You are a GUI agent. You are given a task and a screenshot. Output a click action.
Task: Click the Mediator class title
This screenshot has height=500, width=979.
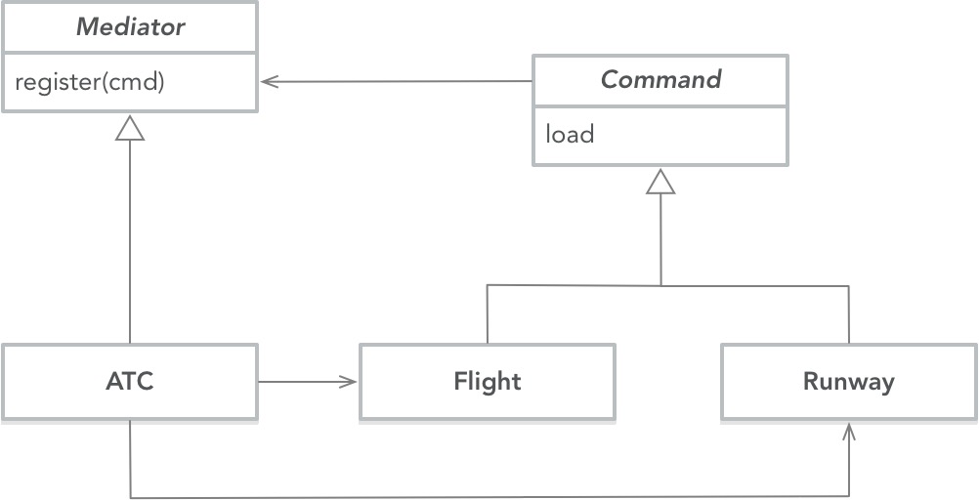(130, 27)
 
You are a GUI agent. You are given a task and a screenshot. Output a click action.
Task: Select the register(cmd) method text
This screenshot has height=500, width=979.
(90, 82)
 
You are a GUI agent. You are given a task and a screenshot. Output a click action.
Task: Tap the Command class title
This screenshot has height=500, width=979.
(660, 80)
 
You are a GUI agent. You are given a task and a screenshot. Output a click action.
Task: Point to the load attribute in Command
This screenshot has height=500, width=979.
(570, 134)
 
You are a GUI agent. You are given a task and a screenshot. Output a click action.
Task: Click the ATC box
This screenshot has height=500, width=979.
(130, 382)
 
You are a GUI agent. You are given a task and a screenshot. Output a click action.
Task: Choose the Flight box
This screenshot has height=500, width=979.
(487, 382)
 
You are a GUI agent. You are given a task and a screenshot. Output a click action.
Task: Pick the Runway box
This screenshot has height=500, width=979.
(848, 382)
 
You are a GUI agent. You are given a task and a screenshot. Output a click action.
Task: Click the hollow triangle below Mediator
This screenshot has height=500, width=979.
(130, 127)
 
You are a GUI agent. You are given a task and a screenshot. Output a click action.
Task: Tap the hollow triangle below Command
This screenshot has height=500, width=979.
(661, 182)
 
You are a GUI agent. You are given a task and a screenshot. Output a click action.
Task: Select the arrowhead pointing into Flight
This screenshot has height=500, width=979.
(350, 382)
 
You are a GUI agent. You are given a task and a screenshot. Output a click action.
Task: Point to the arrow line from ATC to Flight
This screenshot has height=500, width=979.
(303, 382)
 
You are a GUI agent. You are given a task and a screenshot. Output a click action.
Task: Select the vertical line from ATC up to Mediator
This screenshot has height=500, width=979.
(130, 244)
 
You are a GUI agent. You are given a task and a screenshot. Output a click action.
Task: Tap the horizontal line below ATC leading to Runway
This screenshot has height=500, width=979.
(489, 497)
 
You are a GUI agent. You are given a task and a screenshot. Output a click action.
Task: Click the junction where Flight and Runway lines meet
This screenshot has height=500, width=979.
(661, 286)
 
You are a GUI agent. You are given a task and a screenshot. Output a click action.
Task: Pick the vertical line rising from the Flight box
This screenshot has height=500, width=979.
(487, 314)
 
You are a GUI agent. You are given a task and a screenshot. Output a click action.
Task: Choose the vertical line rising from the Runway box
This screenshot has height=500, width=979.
(849, 314)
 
